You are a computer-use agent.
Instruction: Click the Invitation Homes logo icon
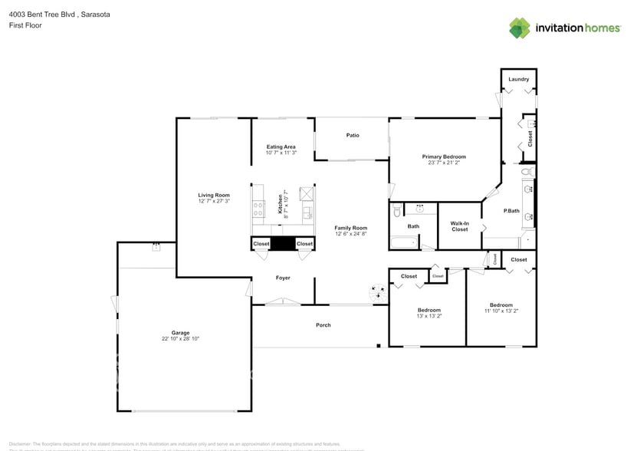(520, 28)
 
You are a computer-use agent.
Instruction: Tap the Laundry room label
(518, 79)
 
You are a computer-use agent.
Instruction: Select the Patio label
(352, 135)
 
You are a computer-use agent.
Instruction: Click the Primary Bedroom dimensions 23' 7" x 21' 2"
(444, 163)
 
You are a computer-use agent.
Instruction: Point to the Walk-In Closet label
(459, 226)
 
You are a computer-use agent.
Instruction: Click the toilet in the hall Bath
(396, 211)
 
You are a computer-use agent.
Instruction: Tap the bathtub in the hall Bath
(402, 244)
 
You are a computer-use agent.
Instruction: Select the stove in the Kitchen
(258, 206)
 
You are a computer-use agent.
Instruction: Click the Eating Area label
(281, 146)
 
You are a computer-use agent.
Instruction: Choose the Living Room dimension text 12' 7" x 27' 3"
(214, 201)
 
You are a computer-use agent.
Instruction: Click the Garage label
(180, 332)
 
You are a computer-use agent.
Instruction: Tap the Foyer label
(283, 278)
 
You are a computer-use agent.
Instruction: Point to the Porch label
(323, 325)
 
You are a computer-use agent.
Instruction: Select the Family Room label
(350, 228)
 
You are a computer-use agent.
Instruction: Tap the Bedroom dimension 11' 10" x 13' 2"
(501, 311)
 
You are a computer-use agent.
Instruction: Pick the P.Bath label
(511, 211)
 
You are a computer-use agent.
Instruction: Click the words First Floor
(25, 25)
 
